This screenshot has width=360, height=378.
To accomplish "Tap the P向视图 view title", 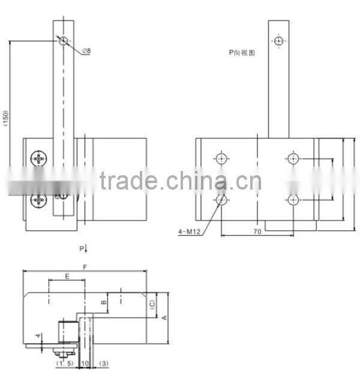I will [242, 53].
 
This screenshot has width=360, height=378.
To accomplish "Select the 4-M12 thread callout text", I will [190, 230].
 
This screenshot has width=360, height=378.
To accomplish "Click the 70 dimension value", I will [256, 230].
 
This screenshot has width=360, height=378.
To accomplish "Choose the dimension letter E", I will [67, 277].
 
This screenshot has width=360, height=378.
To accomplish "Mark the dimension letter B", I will [103, 302].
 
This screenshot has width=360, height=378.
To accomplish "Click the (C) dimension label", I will [152, 304].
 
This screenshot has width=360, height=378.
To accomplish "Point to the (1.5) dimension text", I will [64, 364].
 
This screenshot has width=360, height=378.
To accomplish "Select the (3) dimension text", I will [103, 364].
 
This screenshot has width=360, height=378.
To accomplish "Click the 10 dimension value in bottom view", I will [85, 364].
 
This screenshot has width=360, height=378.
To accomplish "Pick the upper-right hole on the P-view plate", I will [292, 159].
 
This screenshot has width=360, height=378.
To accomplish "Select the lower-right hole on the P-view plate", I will [292, 199].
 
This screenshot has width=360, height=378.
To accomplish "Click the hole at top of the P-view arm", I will [278, 41].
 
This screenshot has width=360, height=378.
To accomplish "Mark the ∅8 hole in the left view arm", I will [64, 41].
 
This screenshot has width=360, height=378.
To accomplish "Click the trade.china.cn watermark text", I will [180, 181].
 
